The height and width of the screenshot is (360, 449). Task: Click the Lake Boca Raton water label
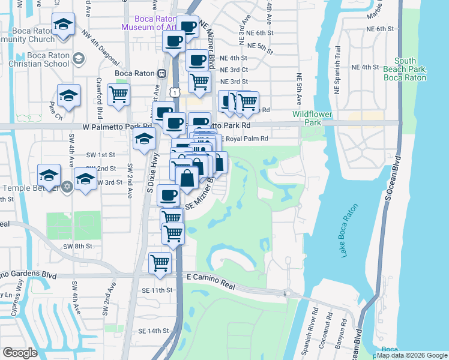pyautogui.click(x=349, y=231)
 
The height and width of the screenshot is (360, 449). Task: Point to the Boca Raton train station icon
pyautogui.click(x=161, y=73)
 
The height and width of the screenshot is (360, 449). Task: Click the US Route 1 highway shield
pyautogui.click(x=174, y=92)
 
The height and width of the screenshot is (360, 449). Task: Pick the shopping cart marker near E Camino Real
pyautogui.click(x=160, y=263)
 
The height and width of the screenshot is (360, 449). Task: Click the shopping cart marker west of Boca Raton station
pyautogui.click(x=118, y=94)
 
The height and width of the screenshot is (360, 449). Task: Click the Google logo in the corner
pyautogui.click(x=20, y=353)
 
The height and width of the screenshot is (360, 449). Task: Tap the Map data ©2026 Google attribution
pyautogui.click(x=411, y=355)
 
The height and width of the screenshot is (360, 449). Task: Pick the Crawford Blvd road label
pyautogui.click(x=99, y=98)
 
